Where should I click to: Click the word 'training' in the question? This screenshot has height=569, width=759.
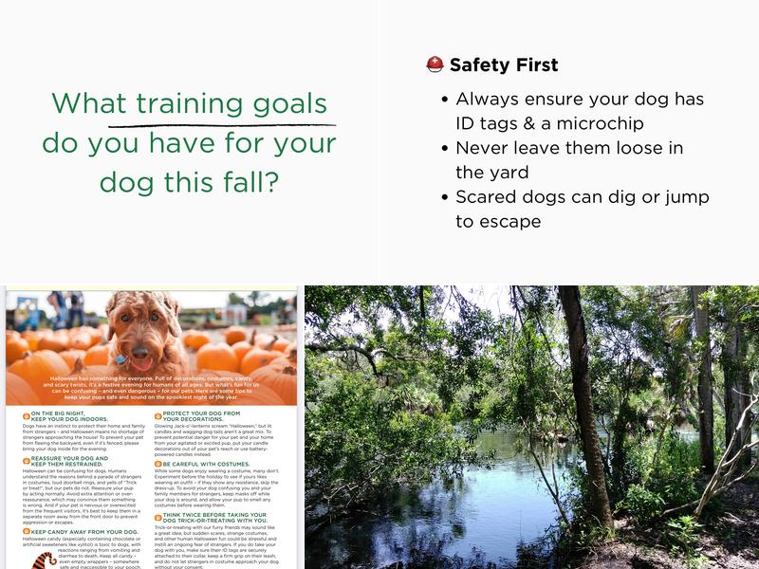point(190,103)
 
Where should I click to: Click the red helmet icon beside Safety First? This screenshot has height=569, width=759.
point(435,64)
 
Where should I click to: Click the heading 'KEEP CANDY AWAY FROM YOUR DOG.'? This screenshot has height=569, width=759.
point(76,532)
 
